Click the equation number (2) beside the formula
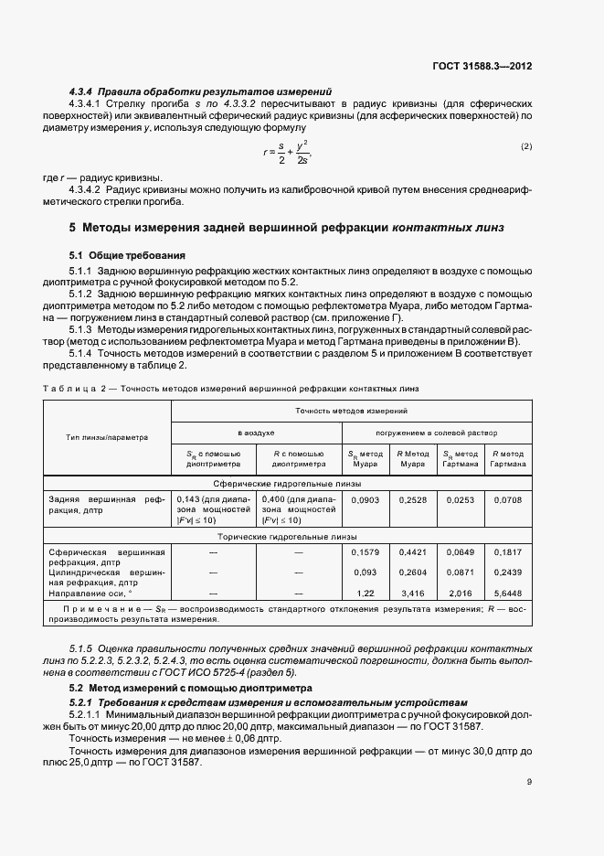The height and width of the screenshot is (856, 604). click(526, 146)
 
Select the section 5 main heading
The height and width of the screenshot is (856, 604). click(286, 227)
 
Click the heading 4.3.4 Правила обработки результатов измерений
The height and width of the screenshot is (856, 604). click(200, 91)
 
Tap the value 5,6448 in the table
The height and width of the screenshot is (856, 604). click(507, 594)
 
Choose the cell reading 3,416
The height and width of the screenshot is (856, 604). click(414, 594)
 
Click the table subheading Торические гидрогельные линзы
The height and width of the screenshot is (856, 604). click(287, 538)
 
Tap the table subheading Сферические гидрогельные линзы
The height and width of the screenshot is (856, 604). click(287, 483)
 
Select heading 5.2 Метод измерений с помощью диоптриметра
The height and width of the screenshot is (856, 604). click(190, 687)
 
